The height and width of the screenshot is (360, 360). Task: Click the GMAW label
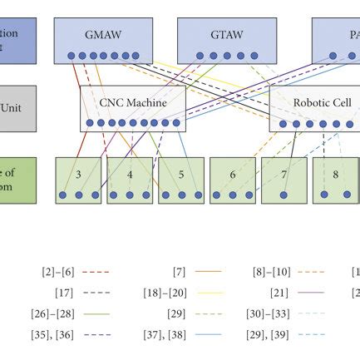point(102,37)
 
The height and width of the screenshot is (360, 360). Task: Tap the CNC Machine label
point(133,103)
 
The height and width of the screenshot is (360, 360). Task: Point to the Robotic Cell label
point(322,103)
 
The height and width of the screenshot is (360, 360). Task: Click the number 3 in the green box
point(78,175)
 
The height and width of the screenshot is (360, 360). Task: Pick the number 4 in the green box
point(130,175)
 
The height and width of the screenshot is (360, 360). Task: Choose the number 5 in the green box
point(181,175)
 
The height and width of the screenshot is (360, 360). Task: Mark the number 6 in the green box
point(233,175)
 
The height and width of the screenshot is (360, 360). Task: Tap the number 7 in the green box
point(284,175)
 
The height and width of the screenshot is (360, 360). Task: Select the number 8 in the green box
point(335,175)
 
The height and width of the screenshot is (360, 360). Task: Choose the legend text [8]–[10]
point(270,272)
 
